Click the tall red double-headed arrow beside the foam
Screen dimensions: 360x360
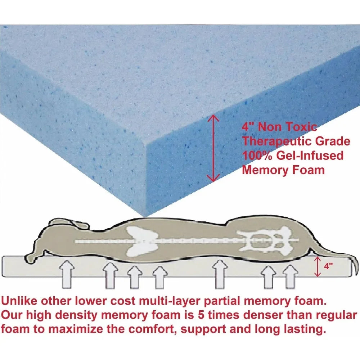tap(214, 148)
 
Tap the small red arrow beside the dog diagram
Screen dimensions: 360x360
tap(317, 267)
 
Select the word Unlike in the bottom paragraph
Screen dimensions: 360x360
tap(22, 301)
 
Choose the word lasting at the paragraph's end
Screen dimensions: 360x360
tap(305, 329)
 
